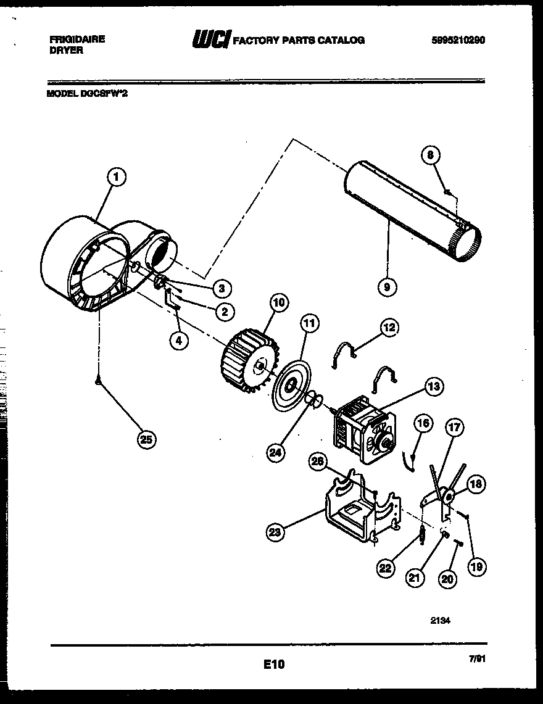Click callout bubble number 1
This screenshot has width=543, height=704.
coord(116,178)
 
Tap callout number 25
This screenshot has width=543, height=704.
coord(146,439)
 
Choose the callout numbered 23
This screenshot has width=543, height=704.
coord(276,531)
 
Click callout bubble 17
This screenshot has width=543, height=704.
coord(456,426)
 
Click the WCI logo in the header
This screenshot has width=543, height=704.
coord(211,40)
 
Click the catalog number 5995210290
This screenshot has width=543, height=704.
coord(458,40)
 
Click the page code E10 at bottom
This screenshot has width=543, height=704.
coord(273,665)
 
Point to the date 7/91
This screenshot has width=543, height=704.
coord(476,659)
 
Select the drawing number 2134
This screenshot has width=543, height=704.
coord(440,621)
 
